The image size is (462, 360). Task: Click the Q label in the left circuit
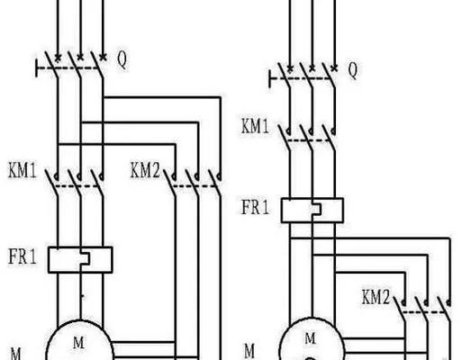[122, 60]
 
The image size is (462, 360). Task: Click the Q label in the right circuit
[353, 70]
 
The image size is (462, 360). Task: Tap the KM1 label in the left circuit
[23, 171]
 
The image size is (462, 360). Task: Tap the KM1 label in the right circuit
[255, 126]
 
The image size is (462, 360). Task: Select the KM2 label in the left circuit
[145, 171]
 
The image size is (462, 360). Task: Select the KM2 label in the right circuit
[376, 297]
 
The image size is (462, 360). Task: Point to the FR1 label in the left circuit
[23, 256]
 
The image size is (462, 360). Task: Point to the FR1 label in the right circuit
[255, 207]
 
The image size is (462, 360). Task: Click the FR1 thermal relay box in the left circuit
[80, 260]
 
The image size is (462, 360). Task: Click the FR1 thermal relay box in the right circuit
[313, 211]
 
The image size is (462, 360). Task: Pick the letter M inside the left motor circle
[78, 343]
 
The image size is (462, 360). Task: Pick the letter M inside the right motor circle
[311, 338]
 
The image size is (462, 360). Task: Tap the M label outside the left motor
[16, 354]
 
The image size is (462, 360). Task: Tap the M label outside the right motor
[249, 351]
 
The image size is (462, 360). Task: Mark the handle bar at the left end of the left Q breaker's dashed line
[37, 68]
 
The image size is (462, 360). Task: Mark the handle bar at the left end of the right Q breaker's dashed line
[270, 79]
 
